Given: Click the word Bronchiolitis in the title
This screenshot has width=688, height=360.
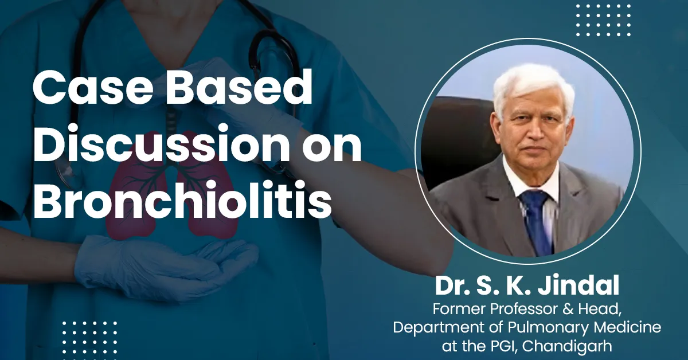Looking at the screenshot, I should click(182, 202).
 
